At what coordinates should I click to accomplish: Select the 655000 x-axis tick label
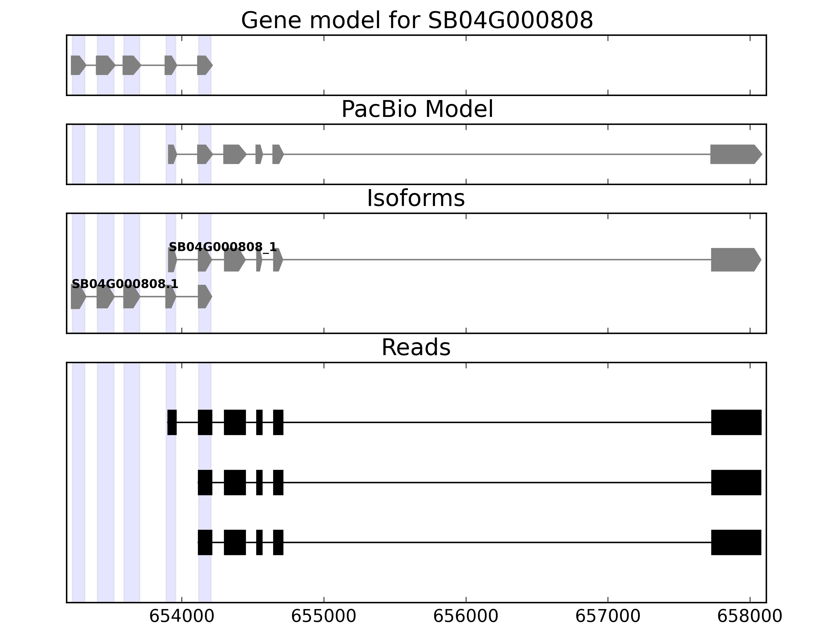pos(324,617)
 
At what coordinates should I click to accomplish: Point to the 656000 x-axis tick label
pos(466,617)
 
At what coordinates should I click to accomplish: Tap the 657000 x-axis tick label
pos(608,617)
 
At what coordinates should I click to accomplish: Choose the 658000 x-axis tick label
pos(750,617)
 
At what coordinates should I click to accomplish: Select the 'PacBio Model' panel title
pos(417,110)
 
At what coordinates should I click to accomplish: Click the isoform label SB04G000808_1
pos(223,247)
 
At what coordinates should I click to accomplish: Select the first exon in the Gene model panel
pos(78,65)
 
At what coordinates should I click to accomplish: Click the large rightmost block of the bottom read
pos(736,542)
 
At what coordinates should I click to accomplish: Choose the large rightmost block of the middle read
pos(736,482)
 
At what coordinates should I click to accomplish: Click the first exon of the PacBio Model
pos(172,154)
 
